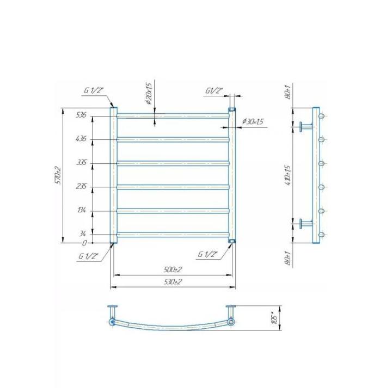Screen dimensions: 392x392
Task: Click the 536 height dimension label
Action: [x=82, y=115]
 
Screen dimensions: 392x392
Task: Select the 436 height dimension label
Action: [x=82, y=139]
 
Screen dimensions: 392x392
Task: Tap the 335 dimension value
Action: [x=82, y=163]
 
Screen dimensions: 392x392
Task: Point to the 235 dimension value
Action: [x=82, y=186]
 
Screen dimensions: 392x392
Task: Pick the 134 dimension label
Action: [x=82, y=210]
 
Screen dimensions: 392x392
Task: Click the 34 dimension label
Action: [x=82, y=234]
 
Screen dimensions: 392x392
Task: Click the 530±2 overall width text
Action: [x=173, y=281]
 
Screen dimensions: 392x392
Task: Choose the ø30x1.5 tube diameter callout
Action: [x=251, y=122]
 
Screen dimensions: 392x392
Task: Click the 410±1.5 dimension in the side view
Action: [x=289, y=175]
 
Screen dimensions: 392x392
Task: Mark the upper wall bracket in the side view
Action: [x=305, y=127]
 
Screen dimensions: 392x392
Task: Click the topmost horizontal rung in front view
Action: [x=173, y=115]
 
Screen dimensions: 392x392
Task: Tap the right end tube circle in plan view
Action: [x=231, y=322]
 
